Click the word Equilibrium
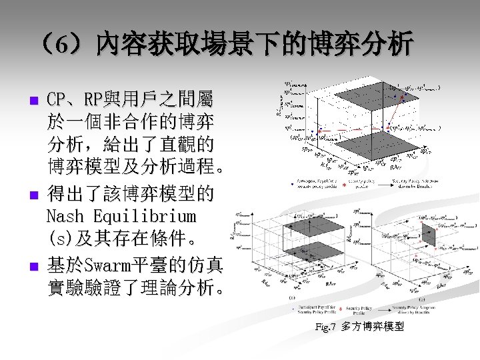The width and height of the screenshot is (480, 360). tap(145, 217)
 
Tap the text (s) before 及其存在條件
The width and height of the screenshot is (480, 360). tap(60, 237)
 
